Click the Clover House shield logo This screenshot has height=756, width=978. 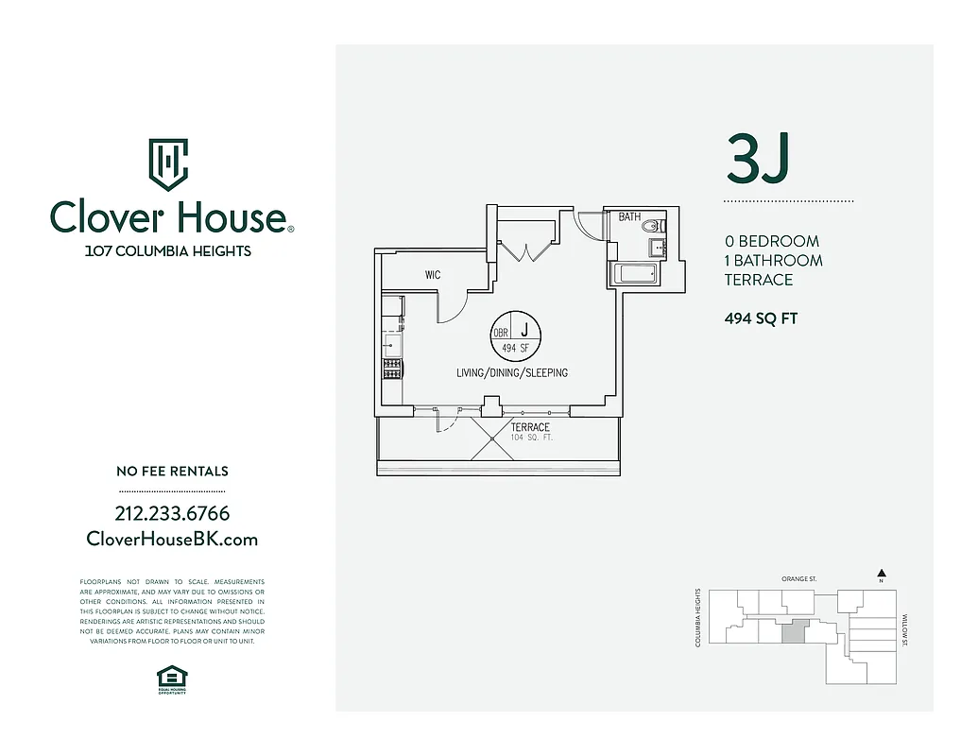coord(168,164)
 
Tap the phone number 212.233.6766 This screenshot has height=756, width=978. coord(171,514)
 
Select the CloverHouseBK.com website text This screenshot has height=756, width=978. coord(171,540)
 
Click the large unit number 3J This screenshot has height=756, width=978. coord(757,159)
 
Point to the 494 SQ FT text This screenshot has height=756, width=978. coord(761,318)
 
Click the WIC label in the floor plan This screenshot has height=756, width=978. coord(433,275)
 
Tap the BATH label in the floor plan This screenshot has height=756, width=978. coord(629,217)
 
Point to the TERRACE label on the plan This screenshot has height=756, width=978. coord(530,428)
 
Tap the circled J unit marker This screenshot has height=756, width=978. coord(516,333)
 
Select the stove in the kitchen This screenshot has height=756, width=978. coord(392,369)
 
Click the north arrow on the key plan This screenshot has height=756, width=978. coord(881,573)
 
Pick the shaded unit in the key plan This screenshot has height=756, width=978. coord(796,631)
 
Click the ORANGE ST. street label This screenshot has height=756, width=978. coord(798,578)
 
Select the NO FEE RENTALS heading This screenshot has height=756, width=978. coord(171,471)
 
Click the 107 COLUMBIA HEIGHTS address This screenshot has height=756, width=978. coord(168,251)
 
